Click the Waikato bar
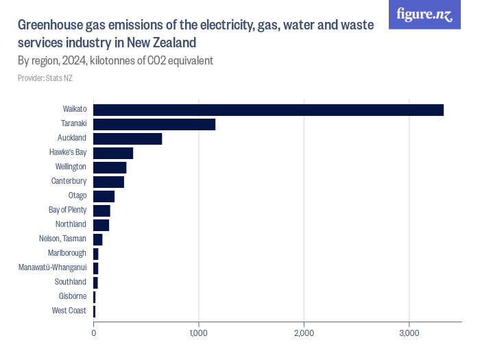pos(268,110)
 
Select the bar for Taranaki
pos(154,124)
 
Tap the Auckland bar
pos(128,139)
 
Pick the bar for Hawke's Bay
pos(113,153)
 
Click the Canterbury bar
pos(108,182)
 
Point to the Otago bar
pos(104,196)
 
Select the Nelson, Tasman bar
pos(97,239)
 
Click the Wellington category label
pos(71,167)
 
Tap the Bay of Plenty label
pos(67,211)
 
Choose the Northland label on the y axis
pos(71,225)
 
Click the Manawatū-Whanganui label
pos(52,268)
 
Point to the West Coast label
pos(69,311)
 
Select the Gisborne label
pos(73,297)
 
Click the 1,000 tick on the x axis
pos(199,333)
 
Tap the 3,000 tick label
pos(409,333)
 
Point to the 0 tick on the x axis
pos(93,333)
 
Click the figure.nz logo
pos(425,14)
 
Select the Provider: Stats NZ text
pos(45,78)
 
